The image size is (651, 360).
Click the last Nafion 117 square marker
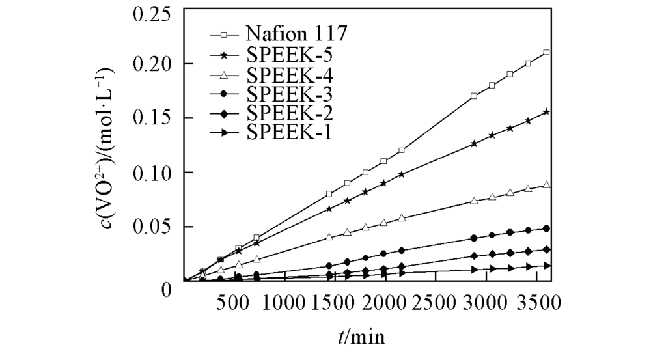coord(546,53)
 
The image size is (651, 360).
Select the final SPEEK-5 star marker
coord(546,112)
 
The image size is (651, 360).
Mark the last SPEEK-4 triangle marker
coord(546,185)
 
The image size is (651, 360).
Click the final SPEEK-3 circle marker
coord(546,228)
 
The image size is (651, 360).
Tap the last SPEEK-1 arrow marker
coord(547,266)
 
